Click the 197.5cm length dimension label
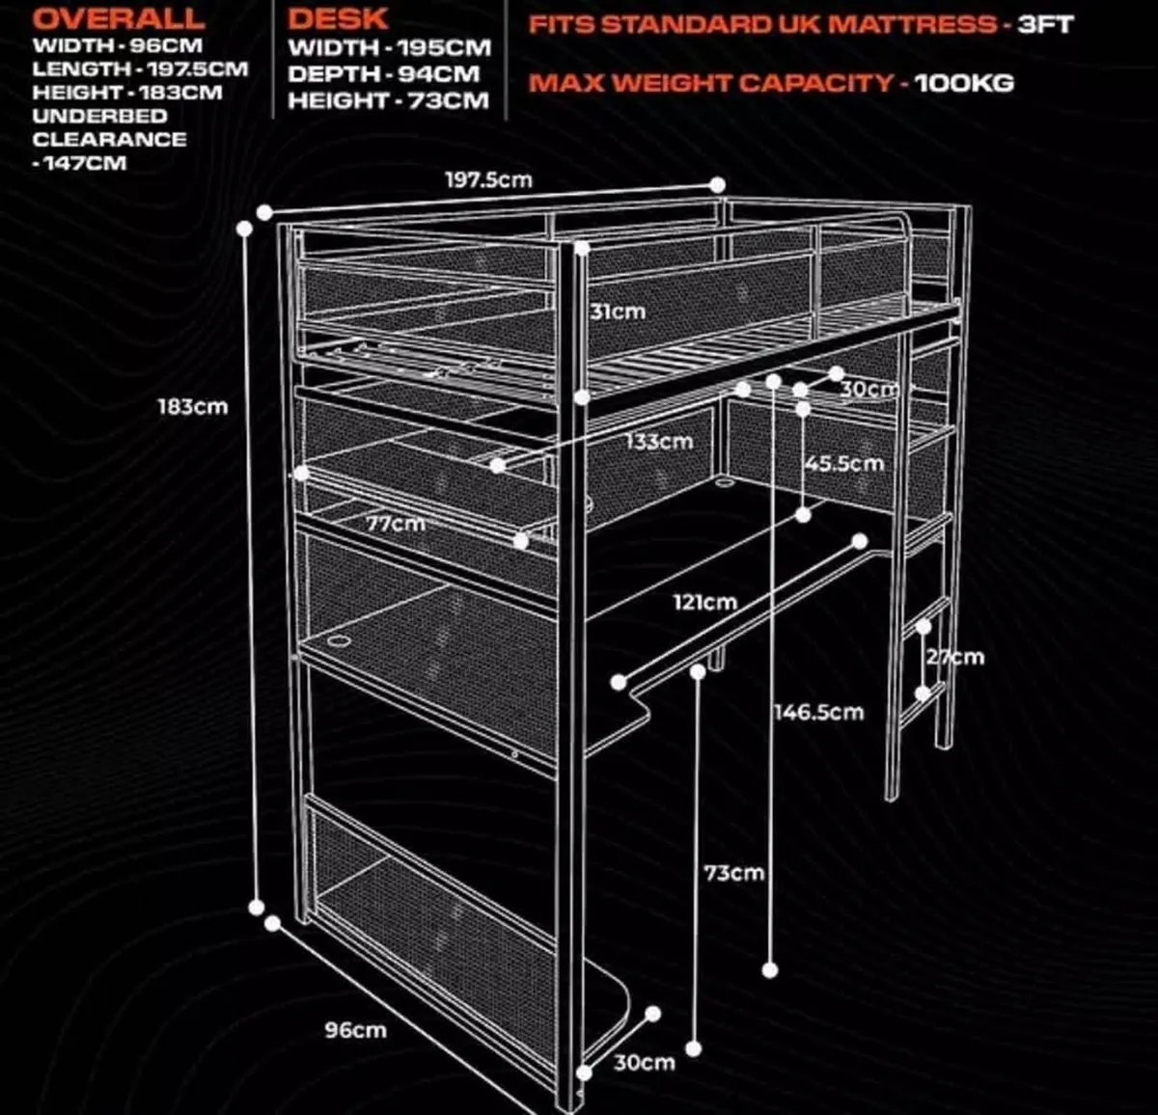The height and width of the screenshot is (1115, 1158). [x=487, y=180]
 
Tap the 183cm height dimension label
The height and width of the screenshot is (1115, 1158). [x=193, y=406]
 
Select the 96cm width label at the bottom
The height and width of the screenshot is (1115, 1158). [x=355, y=1030]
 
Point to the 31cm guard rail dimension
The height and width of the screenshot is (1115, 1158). [x=618, y=312]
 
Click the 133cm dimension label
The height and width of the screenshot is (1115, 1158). [x=659, y=442]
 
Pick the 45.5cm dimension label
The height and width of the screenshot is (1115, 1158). [x=844, y=463]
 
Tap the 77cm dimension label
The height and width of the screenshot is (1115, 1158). [x=395, y=524]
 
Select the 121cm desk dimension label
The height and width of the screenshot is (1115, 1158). [x=704, y=602]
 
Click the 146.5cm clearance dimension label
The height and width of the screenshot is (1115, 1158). [x=818, y=713]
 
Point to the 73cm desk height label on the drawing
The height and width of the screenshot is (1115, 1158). [x=733, y=873]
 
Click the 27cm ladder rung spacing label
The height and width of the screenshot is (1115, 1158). [x=955, y=657]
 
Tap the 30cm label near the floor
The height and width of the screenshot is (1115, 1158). [x=645, y=1062]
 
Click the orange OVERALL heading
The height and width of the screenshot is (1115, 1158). [x=119, y=18]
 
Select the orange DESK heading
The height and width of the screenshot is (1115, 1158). [x=338, y=18]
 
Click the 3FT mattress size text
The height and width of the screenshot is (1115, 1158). [x=1045, y=24]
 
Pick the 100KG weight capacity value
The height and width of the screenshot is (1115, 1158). [x=964, y=83]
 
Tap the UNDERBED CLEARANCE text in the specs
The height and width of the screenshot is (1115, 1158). [x=108, y=127]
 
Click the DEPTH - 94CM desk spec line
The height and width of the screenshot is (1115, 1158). [x=383, y=73]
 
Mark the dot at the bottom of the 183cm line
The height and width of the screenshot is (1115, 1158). [x=257, y=907]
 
